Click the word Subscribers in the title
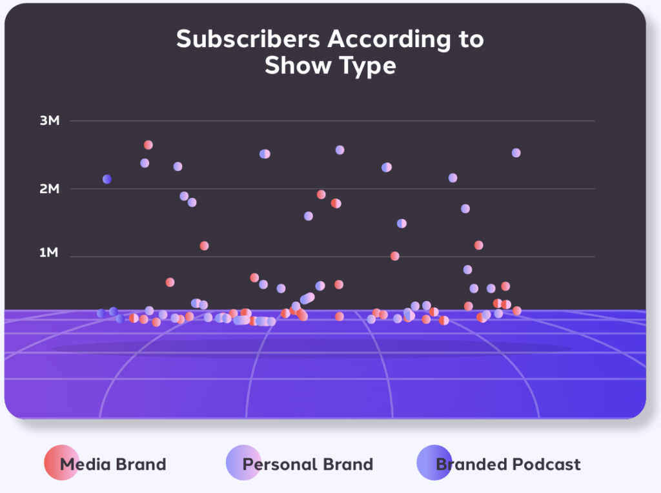click(249, 39)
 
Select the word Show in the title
click(294, 66)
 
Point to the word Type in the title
click(364, 66)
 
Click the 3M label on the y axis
click(49, 121)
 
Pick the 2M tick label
click(49, 189)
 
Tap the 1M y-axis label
click(49, 253)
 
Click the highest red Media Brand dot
click(148, 145)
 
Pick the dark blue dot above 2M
click(107, 179)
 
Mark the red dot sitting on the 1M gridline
click(395, 256)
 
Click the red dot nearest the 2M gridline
click(321, 195)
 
